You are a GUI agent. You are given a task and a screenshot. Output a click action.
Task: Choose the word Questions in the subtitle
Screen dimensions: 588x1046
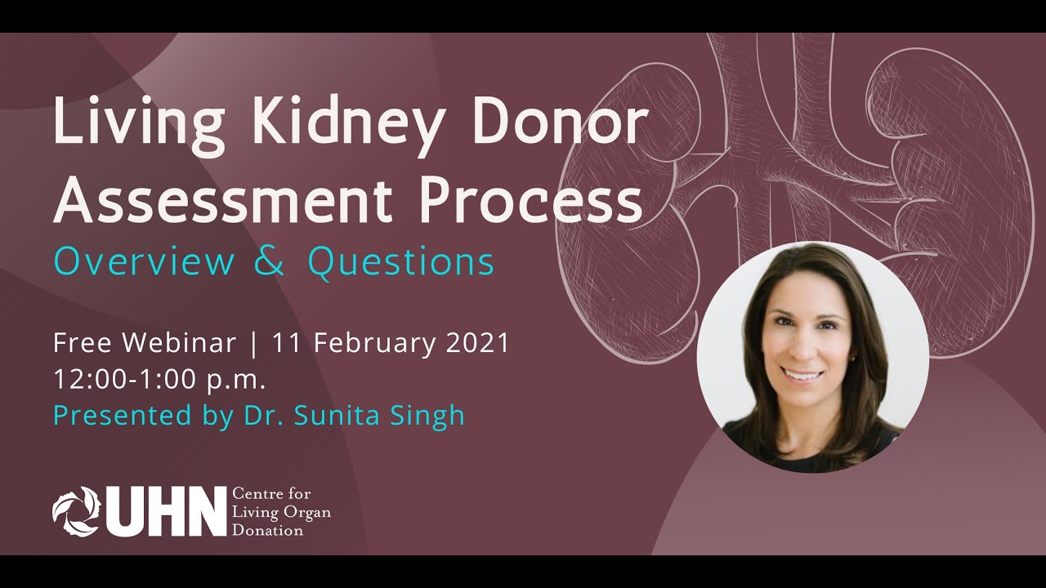400,263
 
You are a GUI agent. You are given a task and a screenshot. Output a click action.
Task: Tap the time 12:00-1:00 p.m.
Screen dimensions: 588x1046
160,379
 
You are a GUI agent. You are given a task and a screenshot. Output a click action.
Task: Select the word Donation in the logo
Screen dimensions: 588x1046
268,531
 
